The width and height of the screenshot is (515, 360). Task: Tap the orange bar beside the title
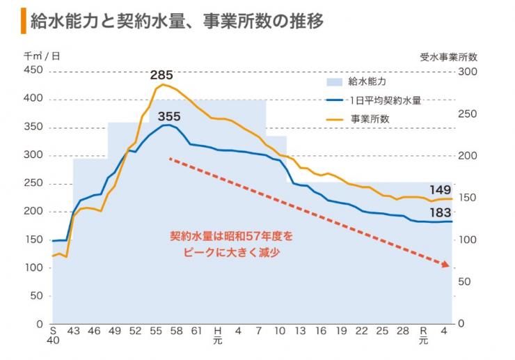click(24, 22)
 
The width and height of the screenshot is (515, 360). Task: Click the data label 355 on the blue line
click(168, 116)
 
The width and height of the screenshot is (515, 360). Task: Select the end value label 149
click(440, 190)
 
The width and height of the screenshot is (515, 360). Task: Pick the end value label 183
click(440, 212)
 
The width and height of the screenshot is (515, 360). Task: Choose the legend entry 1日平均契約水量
click(386, 100)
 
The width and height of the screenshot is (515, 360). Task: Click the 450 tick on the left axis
click(33, 71)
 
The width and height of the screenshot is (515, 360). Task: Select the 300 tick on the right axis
click(468, 71)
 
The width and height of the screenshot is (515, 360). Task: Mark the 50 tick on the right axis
click(466, 281)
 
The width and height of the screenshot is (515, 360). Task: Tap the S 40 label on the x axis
click(54, 335)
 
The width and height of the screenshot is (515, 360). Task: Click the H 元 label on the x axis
click(217, 335)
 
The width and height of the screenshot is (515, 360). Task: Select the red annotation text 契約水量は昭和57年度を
click(232, 237)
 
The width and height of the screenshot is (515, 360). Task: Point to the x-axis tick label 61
click(196, 330)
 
